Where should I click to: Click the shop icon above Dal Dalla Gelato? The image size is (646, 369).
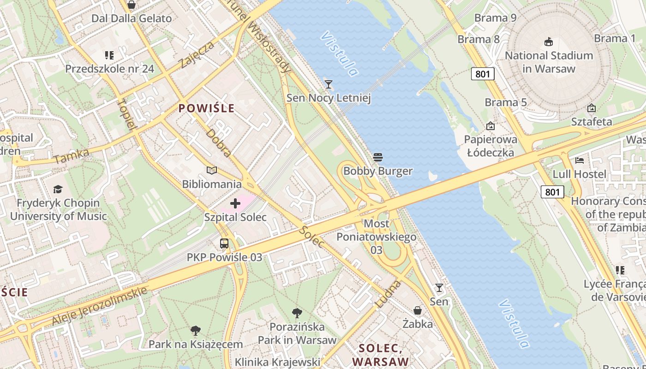tap(132, 5)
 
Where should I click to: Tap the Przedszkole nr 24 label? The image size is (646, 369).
tap(109, 69)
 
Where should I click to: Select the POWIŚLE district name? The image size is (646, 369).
tap(206, 108)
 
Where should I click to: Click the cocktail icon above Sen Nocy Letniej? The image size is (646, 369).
tap(329, 84)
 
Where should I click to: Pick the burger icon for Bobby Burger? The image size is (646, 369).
tap(378, 157)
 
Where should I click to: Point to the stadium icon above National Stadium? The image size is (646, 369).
tap(549, 42)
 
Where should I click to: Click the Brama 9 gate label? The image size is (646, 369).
tap(495, 18)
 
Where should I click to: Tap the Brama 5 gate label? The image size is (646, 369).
tap(505, 102)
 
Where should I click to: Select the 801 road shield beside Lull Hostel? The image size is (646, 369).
tap(552, 192)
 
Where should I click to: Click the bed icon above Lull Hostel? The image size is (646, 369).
tap(580, 161)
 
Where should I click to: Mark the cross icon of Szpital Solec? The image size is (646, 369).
tap(235, 203)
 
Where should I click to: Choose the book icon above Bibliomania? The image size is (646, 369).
tap(212, 170)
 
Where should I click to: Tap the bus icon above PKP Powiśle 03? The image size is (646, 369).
tap(224, 243)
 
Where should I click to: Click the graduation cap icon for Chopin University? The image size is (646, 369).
tap(58, 189)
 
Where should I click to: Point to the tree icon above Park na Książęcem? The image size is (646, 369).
tap(196, 330)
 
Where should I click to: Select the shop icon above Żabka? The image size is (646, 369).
tap(418, 310)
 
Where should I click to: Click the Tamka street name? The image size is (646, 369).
tap(71, 156)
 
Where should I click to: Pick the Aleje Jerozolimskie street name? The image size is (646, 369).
tap(100, 305)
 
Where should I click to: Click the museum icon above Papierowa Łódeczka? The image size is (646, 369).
tap(490, 125)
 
